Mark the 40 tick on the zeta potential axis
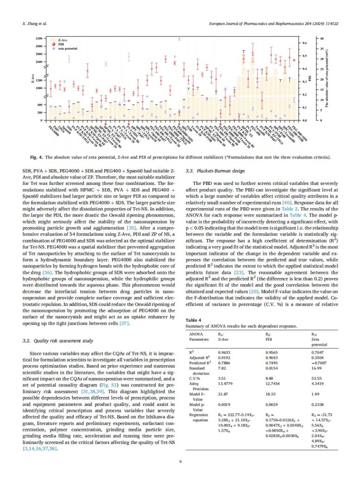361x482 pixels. tap(323, 38)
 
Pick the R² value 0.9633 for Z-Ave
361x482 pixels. tap(224, 352)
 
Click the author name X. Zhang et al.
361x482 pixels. tap(35, 23)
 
